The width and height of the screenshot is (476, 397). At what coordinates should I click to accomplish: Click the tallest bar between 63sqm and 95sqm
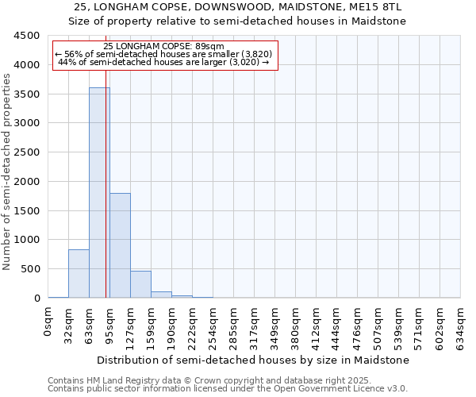[x=99, y=193]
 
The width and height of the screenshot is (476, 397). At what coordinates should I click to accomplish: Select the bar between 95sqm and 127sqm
[x=120, y=245]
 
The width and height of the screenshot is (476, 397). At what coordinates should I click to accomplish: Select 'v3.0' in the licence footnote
[x=396, y=389]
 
